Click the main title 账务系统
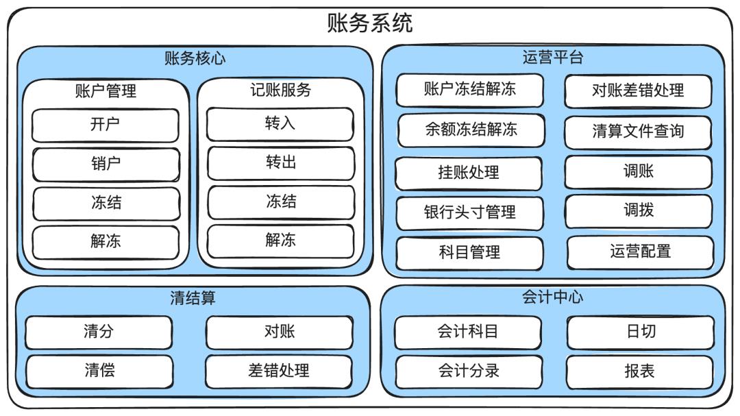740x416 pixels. click(370, 23)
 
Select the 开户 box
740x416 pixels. click(106, 125)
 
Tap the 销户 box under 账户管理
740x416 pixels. click(106, 164)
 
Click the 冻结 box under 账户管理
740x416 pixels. click(106, 203)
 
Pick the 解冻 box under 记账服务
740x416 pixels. click(281, 241)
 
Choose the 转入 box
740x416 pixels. click(281, 124)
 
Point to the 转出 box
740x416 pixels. click(281, 163)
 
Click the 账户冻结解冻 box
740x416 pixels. click(469, 90)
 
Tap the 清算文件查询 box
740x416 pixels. click(638, 132)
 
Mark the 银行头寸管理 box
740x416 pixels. click(469, 212)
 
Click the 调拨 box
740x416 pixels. click(638, 210)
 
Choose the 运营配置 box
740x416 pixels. click(640, 252)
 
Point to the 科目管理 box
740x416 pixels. click(469, 252)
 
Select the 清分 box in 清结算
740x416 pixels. click(99, 332)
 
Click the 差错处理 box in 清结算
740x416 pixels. click(279, 371)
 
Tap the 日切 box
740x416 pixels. click(640, 332)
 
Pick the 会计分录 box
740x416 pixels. click(469, 371)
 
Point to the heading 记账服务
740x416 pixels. click(280, 90)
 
